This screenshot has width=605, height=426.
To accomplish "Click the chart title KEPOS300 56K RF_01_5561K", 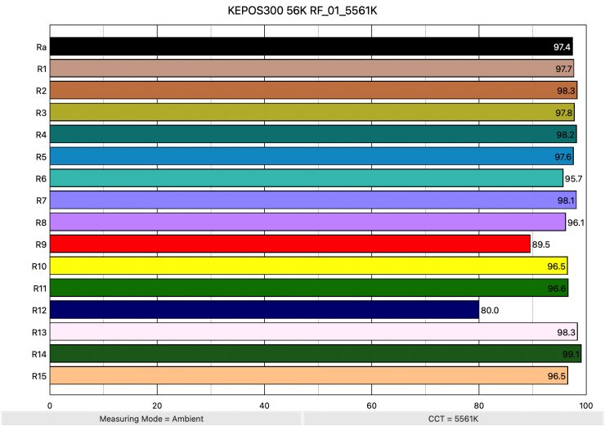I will point(302,13).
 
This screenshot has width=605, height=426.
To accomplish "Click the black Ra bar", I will point(311,47).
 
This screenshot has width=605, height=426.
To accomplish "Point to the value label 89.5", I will point(543,244).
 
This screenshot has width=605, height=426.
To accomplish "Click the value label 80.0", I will point(490,311).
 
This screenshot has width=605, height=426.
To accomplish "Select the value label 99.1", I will point(571,355).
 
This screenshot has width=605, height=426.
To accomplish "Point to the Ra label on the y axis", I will point(41,47).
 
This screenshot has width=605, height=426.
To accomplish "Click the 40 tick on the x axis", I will point(264,404).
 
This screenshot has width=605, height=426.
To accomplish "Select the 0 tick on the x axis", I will point(50,404).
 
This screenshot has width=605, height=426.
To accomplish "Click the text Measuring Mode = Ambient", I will point(151,419).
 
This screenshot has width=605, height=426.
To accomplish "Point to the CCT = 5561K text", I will point(453,419).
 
